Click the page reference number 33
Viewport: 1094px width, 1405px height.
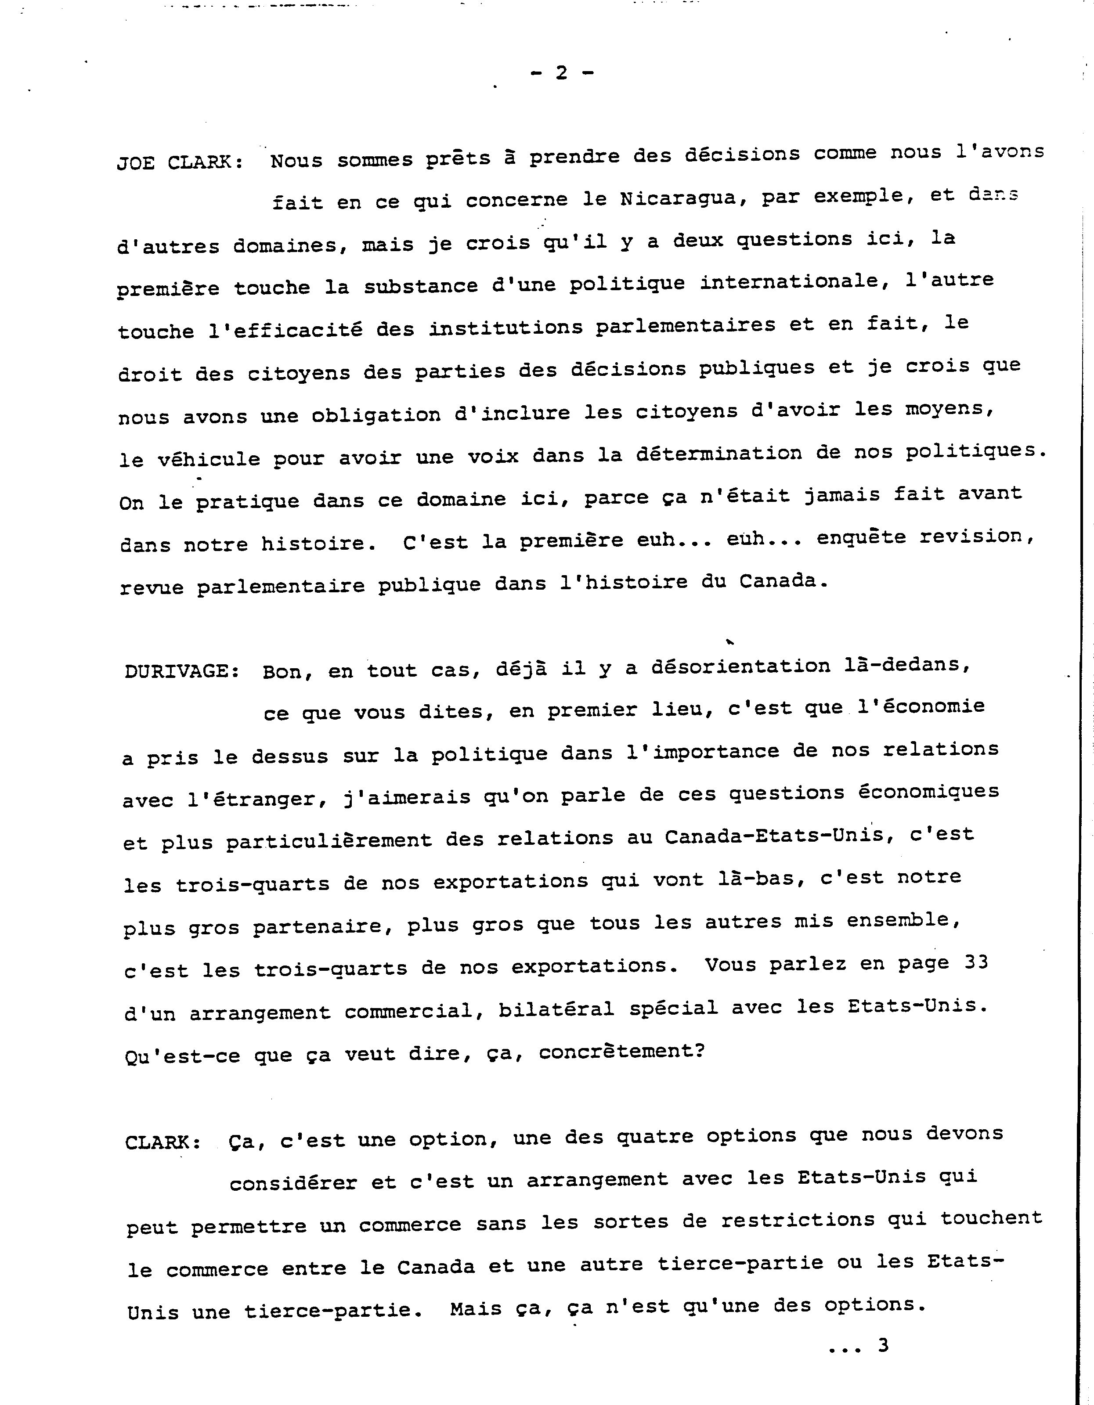coord(976,962)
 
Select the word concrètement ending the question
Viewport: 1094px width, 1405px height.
coord(621,1051)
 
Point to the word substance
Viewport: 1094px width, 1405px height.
coord(421,286)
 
